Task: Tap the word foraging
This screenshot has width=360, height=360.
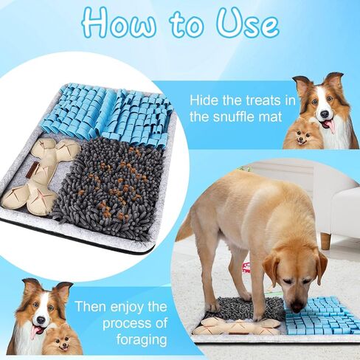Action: [142, 340]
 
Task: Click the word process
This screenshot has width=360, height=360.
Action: [127, 323]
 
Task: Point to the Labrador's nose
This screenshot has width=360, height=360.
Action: [297, 307]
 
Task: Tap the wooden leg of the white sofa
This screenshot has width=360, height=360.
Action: [326, 241]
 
